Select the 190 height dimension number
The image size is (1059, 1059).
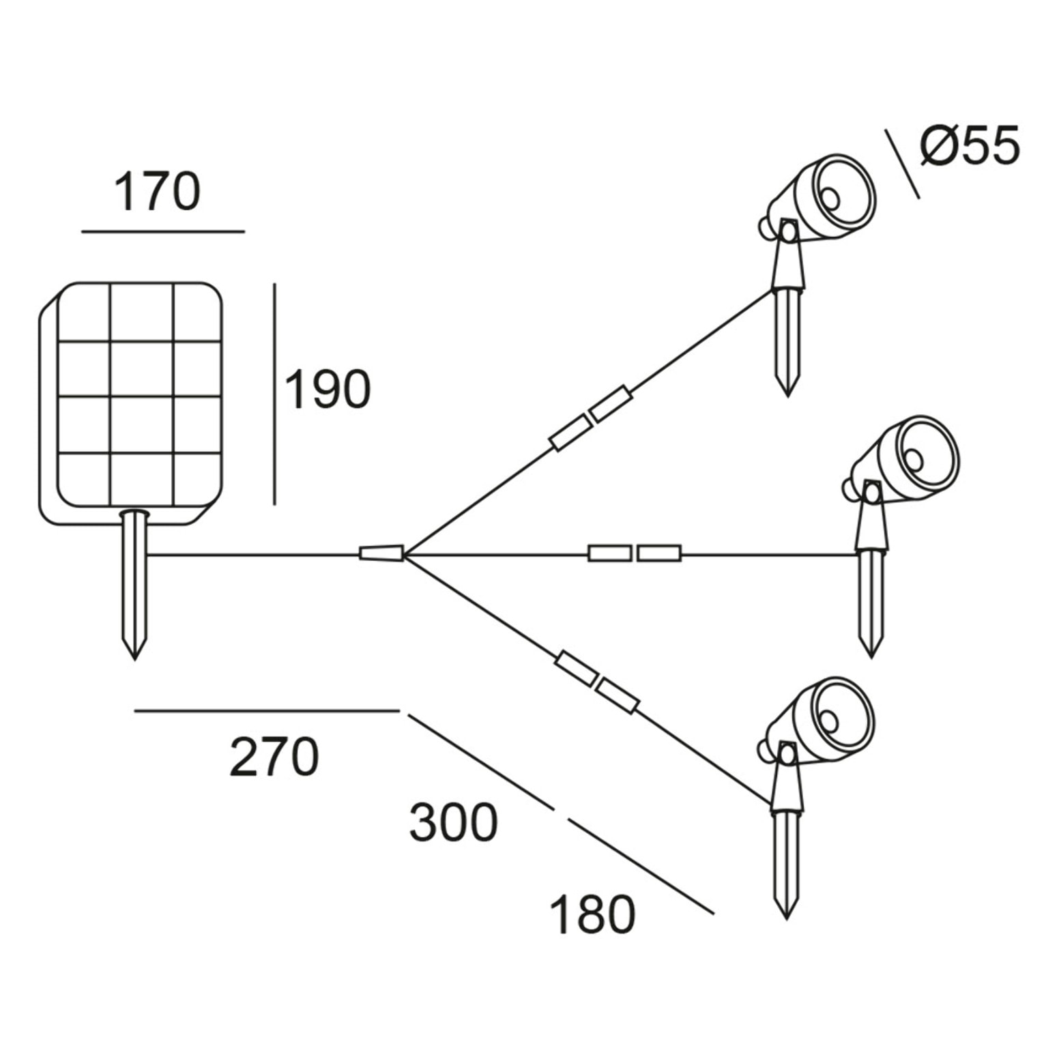pos(327,390)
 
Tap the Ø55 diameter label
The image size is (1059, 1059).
pos(970,145)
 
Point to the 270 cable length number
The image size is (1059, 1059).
pos(274,757)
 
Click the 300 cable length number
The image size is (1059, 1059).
pos(453,822)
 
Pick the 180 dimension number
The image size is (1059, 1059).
pos(592,915)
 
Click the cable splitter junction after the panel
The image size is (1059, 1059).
pos(381,553)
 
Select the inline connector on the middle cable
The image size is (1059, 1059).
pos(635,553)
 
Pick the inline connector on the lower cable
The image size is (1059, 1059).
pos(598,682)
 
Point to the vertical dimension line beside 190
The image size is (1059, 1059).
pos(274,394)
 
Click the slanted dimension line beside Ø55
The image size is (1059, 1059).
pos(902,164)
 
